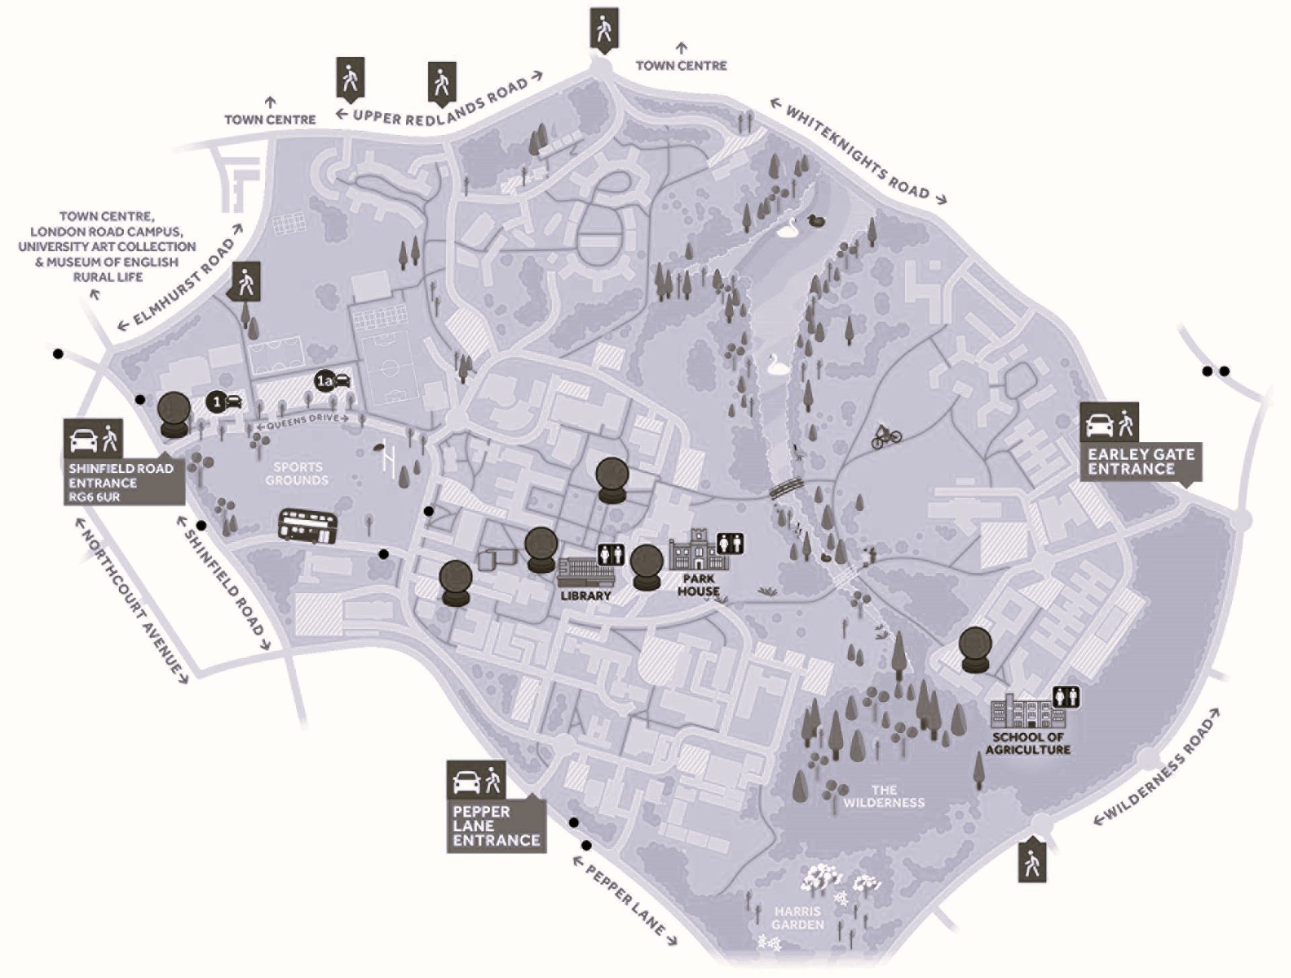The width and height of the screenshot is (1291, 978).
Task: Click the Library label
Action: (586, 596)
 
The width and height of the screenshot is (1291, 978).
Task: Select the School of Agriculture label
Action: (1028, 743)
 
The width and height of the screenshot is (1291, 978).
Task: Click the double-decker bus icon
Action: (307, 527)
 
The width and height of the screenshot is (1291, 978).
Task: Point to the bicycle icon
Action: (886, 437)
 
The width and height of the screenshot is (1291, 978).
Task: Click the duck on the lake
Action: (816, 221)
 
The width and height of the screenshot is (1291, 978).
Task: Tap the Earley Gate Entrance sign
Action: (1141, 461)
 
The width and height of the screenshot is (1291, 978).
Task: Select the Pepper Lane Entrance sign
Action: (496, 825)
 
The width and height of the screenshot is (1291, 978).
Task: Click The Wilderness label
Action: (884, 796)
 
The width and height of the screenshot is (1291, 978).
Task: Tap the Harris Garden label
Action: (797, 918)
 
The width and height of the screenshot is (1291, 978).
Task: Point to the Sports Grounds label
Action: (297, 474)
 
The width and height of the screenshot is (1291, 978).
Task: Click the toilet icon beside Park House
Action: (730, 543)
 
